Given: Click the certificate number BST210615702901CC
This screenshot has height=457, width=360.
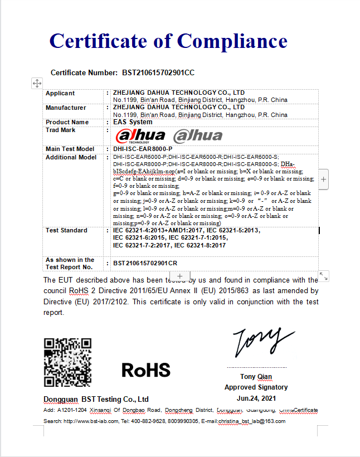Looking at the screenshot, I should tap(158, 73).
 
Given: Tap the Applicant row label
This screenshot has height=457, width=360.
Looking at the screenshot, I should tap(60, 93).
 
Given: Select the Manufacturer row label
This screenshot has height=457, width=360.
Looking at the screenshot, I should tap(66, 108).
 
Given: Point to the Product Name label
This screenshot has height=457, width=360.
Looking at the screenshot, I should tap(67, 122).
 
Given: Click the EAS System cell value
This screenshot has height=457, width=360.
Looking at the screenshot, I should tap(133, 122).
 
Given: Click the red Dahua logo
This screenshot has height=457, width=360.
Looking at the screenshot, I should tap(140, 135).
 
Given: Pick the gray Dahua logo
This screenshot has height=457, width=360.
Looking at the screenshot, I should tap(197, 135).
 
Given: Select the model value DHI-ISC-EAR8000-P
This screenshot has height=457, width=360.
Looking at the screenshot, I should tap(143, 149).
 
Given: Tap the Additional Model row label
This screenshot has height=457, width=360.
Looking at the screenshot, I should tap(71, 157).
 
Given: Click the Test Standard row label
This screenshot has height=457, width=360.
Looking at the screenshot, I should tap(66, 230).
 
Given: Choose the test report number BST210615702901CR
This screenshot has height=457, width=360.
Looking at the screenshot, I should tap(145, 263).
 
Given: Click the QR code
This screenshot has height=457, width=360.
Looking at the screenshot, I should tap(67, 362).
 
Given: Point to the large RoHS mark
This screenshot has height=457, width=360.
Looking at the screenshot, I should tap(145, 370).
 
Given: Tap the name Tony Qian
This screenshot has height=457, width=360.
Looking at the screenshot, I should tap(256, 377).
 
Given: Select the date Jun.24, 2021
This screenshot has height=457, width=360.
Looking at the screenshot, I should tap(256, 398).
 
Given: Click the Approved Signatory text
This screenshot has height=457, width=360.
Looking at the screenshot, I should tap(256, 387).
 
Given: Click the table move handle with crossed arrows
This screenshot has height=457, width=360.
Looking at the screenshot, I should tap(37, 83).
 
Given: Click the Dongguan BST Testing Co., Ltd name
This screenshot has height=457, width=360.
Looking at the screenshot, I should tap(96, 399).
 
